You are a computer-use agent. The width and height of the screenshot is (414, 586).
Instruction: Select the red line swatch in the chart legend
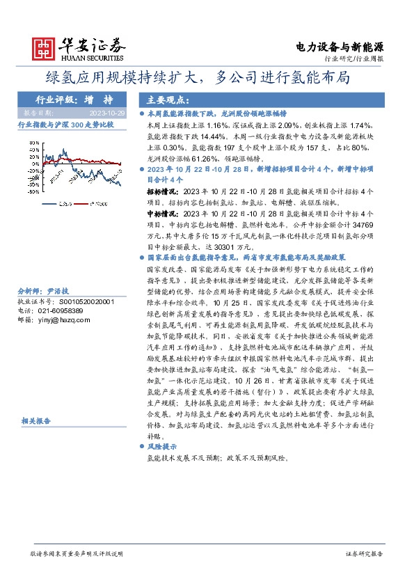pyautogui.click(x=81, y=203)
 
